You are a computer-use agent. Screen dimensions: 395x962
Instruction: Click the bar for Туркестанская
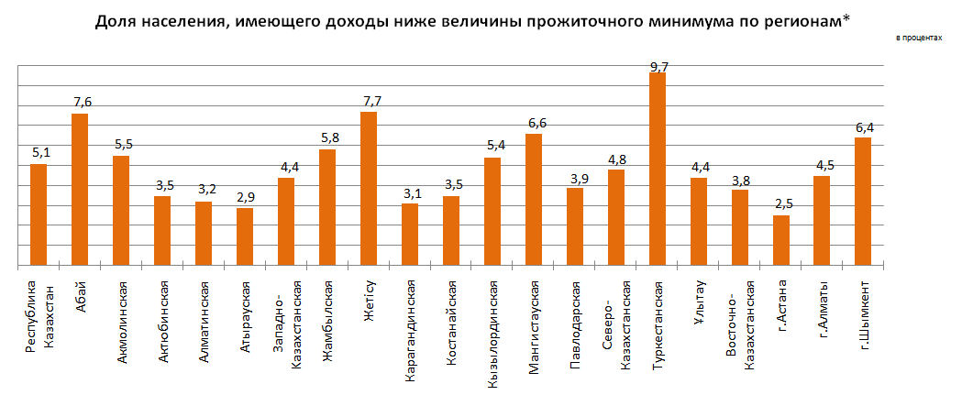coord(658,170)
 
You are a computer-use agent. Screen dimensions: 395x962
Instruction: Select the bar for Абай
coord(80,190)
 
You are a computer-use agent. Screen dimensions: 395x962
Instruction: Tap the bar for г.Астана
coord(781,241)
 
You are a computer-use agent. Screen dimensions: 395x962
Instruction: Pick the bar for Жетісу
coord(369,189)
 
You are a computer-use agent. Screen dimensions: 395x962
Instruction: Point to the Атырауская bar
coord(245,237)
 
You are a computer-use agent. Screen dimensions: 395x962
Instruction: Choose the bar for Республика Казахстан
coord(39,215)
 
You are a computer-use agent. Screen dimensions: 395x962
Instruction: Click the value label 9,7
coord(658,66)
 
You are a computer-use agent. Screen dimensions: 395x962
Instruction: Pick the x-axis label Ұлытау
coord(699,298)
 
